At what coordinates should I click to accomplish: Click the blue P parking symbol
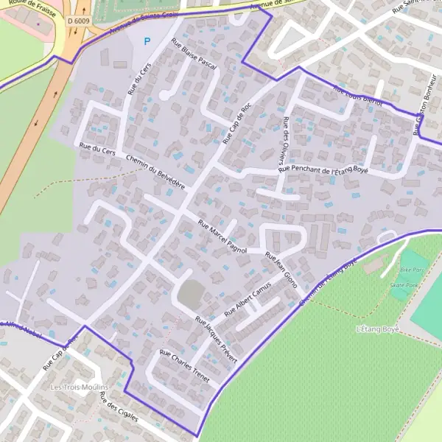click(147, 42)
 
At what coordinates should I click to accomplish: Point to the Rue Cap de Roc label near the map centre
click(237, 123)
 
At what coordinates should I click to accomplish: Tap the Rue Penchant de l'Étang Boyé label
click(323, 169)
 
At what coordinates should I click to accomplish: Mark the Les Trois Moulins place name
click(79, 387)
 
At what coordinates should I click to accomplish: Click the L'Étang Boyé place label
click(376, 329)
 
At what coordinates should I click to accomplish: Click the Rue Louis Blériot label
click(358, 97)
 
